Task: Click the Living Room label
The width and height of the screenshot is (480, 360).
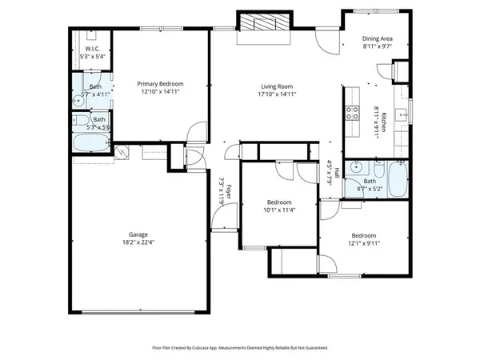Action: (x=277, y=86)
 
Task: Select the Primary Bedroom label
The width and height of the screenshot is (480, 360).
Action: (x=160, y=84)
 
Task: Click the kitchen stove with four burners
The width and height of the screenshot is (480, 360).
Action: (x=353, y=113)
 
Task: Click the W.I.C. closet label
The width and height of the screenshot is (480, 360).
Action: (x=91, y=49)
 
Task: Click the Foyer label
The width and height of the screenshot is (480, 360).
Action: (x=228, y=192)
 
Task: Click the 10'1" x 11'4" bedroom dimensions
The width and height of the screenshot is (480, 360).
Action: (x=279, y=210)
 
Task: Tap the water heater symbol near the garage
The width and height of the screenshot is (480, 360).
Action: (x=122, y=152)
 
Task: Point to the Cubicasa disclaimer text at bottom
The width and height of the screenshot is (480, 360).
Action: (x=240, y=348)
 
